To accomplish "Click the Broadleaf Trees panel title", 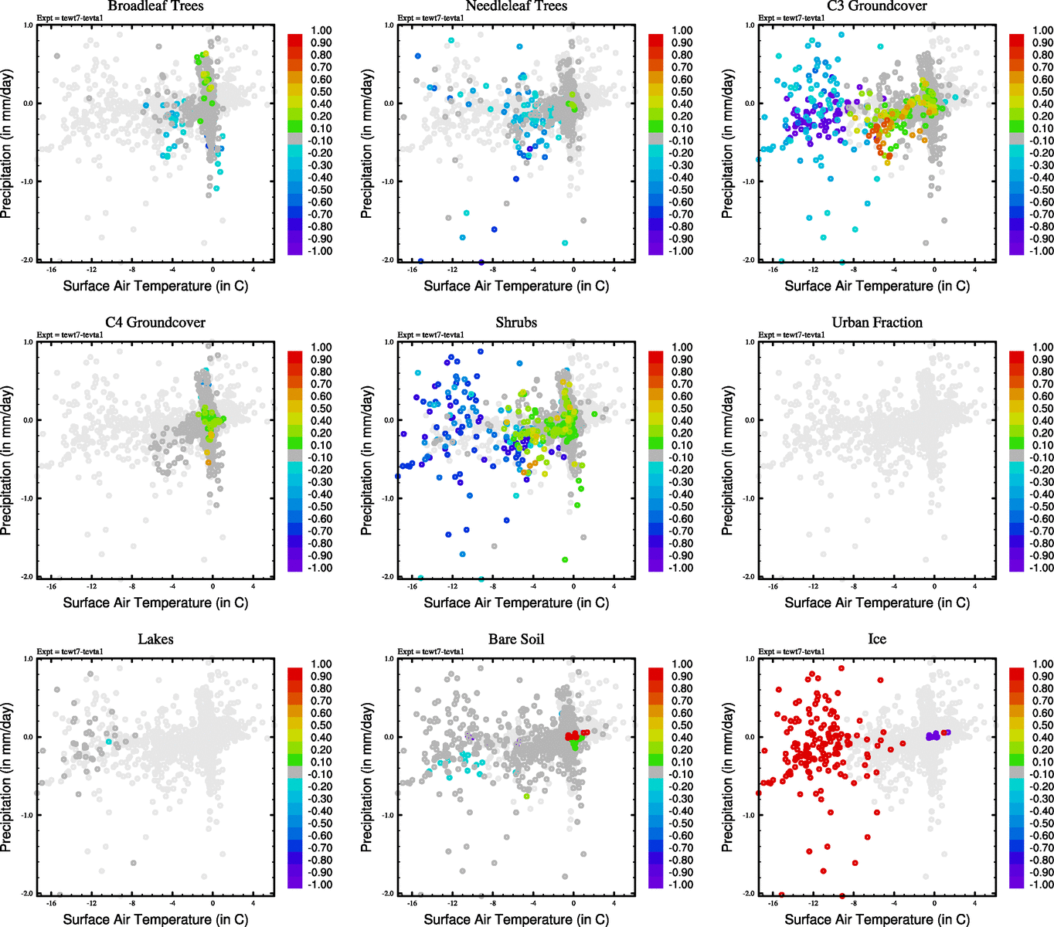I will [155, 6].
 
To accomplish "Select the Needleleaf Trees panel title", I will [516, 6].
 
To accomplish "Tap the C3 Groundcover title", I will [877, 6].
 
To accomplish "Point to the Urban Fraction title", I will [877, 323].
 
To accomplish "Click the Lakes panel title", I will [155, 640].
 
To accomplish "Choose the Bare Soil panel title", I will [516, 640].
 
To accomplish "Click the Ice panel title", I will [877, 640].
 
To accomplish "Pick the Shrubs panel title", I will [516, 323].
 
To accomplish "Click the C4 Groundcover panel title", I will [155, 323].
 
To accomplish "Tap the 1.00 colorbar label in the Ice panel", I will [1042, 664].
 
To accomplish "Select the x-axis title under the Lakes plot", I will [155, 919].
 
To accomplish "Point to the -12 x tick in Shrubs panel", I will [452, 586].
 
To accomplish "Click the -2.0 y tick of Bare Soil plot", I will [389, 894].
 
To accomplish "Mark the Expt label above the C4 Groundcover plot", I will [70, 335].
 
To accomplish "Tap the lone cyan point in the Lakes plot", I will [109, 742].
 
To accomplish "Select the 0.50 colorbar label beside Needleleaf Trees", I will [682, 92].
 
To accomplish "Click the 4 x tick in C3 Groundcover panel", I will [974, 270].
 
